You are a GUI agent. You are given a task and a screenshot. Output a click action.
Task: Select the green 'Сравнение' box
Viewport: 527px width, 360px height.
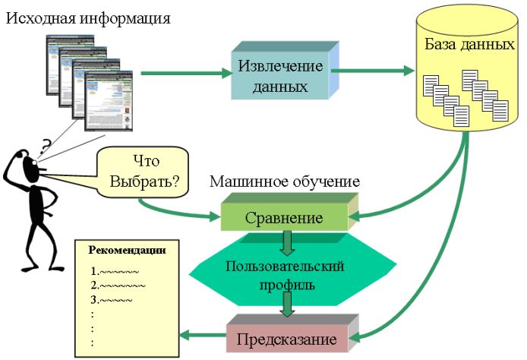tap(283, 218)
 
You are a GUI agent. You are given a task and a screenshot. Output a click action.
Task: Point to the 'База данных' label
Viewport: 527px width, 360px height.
tap(465, 44)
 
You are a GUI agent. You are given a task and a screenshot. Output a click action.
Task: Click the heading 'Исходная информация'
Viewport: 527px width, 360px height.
tap(87, 17)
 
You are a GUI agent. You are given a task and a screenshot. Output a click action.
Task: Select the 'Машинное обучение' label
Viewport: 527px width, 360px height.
tap(285, 182)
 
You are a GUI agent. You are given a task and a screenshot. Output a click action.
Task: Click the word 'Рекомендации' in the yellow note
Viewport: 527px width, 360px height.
tap(128, 250)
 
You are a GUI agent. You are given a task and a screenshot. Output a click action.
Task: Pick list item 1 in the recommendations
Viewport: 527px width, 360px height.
tap(115, 271)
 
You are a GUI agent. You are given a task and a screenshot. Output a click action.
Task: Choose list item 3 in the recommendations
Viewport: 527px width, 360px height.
tap(111, 300)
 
